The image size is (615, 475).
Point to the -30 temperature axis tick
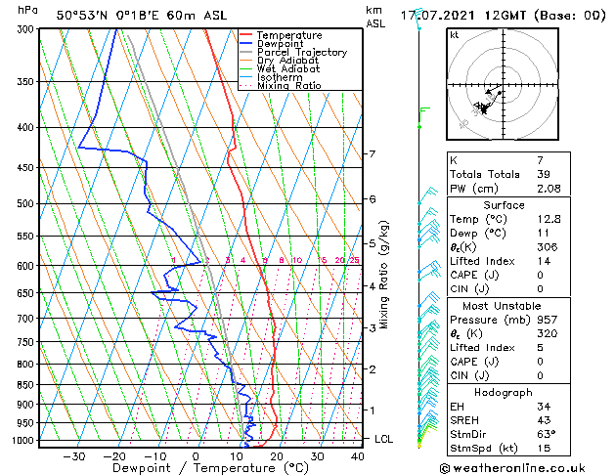(73, 455)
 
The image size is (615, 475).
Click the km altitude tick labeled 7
(373, 154)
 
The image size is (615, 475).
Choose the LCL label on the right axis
(383, 440)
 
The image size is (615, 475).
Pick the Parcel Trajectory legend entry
(301, 53)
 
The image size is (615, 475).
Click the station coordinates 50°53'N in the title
(80, 15)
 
